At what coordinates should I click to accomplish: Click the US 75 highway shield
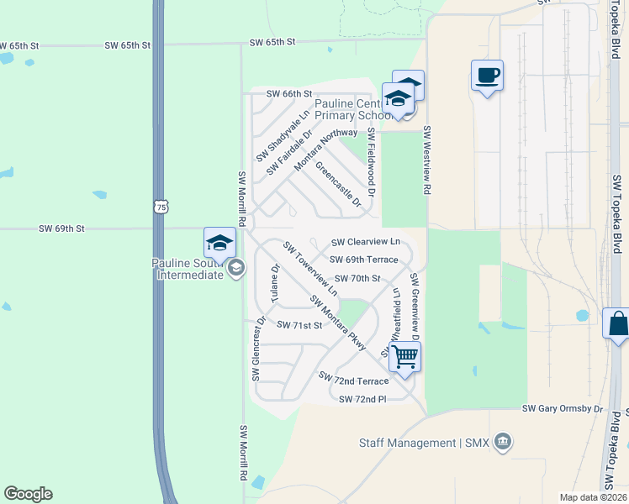[x=161, y=206]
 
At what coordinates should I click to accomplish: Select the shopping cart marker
[x=404, y=357]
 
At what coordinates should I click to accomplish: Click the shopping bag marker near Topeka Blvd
[x=617, y=324]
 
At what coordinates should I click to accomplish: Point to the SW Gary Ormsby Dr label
[x=563, y=409]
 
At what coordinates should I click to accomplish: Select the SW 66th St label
[x=289, y=93]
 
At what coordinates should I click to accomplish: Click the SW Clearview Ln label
[x=364, y=242]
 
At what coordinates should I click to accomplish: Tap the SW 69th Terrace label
[x=363, y=260]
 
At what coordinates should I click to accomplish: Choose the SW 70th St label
[x=357, y=278]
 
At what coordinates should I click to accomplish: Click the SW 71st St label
[x=299, y=325]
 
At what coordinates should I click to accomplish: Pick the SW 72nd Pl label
[x=362, y=399]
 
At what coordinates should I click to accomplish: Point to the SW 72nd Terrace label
[x=353, y=380]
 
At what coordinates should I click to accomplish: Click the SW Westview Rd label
[x=427, y=160]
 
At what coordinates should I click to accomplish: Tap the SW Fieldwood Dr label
[x=370, y=163]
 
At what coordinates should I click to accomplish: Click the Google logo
[x=28, y=494]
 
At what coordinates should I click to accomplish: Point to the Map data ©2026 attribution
[x=594, y=497]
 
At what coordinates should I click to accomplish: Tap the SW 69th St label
[x=62, y=228]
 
